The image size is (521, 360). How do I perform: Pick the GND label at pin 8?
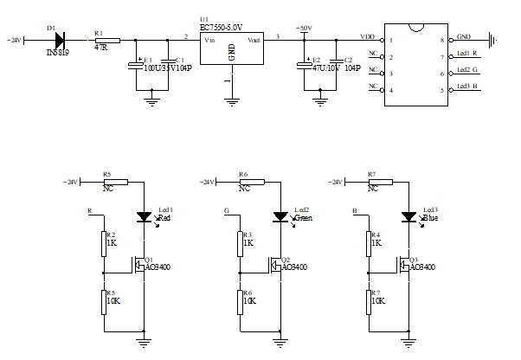click(464, 38)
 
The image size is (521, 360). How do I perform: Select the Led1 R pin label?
click(467, 55)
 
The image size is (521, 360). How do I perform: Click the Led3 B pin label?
click(467, 86)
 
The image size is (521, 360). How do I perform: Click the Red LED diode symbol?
click(145, 216)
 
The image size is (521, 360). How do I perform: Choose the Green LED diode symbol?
click(280, 216)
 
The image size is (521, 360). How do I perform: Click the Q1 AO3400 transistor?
click(138, 264)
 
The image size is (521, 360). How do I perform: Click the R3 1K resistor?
click(239, 244)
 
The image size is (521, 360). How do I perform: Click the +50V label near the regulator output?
click(304, 29)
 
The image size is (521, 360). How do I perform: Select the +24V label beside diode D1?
click(16, 40)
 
